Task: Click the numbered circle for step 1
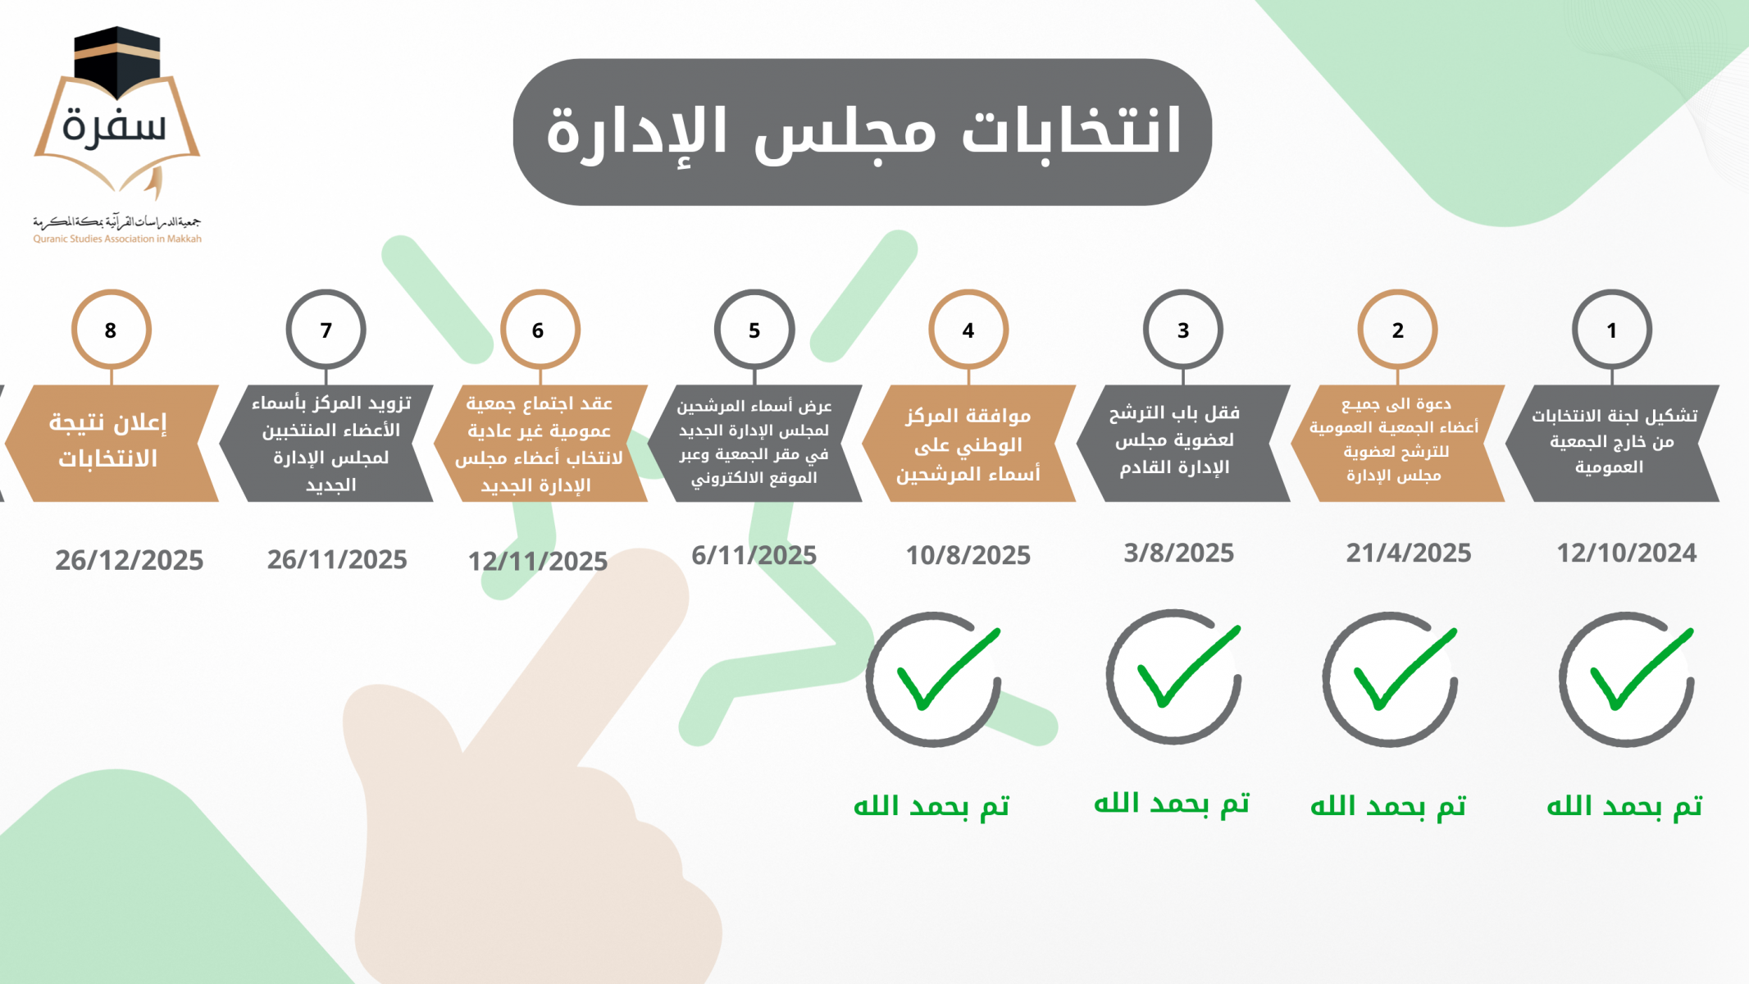(1611, 330)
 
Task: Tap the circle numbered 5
(754, 330)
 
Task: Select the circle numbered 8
(111, 330)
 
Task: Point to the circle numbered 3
(1182, 330)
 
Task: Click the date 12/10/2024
(1627, 553)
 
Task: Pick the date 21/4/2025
(1409, 553)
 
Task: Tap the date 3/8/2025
(1178, 553)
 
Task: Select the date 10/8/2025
(968, 556)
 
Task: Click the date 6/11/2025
(754, 556)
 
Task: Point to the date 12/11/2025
(537, 562)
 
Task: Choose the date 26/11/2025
(337, 560)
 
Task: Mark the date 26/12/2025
(129, 561)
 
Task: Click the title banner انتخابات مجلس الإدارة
(863, 132)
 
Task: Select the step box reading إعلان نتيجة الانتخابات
(112, 443)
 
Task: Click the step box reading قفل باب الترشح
(1183, 443)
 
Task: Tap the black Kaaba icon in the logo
(116, 61)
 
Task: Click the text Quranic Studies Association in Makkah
(117, 239)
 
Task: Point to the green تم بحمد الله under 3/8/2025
(1172, 804)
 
